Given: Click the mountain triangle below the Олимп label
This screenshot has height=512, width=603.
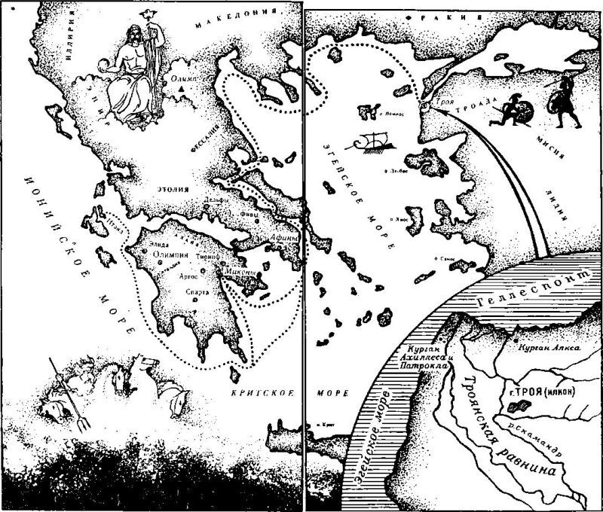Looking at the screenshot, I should click(182, 90).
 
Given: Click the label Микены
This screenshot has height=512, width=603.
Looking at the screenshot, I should click(241, 273).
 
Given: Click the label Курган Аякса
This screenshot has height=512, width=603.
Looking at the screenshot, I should click(547, 349).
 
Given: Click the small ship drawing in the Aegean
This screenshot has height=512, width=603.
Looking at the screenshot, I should click(371, 142).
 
